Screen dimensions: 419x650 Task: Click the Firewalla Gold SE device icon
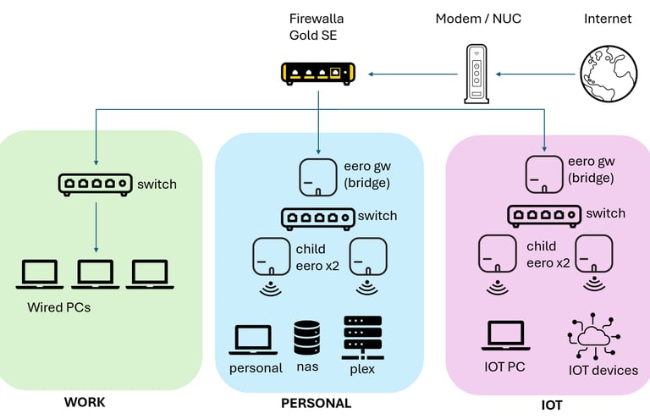(317, 74)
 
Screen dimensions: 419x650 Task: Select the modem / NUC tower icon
(476, 74)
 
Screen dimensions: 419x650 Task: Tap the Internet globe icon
(608, 74)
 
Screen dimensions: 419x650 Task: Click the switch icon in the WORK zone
(95, 183)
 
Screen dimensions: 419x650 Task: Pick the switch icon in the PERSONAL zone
(317, 217)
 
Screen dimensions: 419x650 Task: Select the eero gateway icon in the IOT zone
(545, 173)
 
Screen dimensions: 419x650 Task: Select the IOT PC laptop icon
(506, 336)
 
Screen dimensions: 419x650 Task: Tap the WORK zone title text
(85, 402)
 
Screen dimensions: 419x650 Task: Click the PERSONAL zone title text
(316, 404)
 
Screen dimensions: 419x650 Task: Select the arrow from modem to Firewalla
(405, 74)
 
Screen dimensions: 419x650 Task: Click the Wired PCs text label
(58, 307)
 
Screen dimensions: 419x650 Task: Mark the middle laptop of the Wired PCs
(96, 274)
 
